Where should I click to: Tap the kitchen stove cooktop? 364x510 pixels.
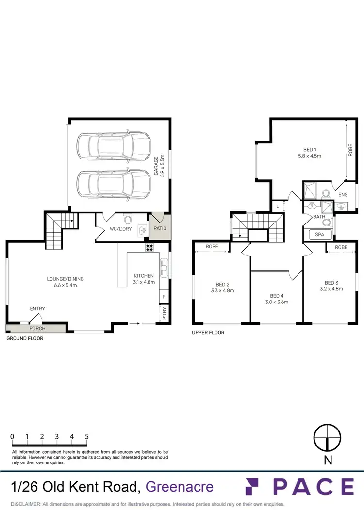pyautogui.click(x=149, y=247)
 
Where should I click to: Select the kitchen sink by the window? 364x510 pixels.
pyautogui.click(x=164, y=267)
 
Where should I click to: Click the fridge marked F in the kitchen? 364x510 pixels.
pyautogui.click(x=165, y=296)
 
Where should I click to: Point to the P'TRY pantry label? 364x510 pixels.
pyautogui.click(x=165, y=314)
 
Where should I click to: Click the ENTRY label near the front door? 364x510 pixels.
pyautogui.click(x=37, y=309)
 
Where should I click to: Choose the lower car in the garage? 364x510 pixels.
pyautogui.click(x=113, y=183)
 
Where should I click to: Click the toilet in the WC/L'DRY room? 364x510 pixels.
pyautogui.click(x=128, y=220)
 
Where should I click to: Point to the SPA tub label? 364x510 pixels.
pyautogui.click(x=319, y=235)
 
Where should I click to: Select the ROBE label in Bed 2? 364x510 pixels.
pyautogui.click(x=212, y=247)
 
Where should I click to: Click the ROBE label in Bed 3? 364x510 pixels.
pyautogui.click(x=341, y=247)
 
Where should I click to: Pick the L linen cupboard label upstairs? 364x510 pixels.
pyautogui.click(x=277, y=207)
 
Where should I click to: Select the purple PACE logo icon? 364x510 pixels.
pyautogui.click(x=256, y=486)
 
